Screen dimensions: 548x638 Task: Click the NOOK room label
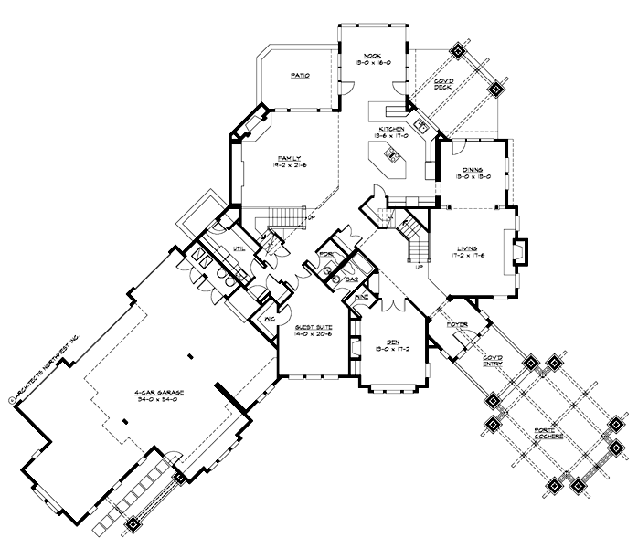tap(370, 56)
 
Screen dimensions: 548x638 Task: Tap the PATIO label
tap(298, 78)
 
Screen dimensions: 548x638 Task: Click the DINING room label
tap(473, 170)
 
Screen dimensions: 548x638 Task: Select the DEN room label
tap(392, 341)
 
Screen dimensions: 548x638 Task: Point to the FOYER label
tap(457, 325)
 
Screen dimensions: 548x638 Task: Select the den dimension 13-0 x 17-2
tap(392, 349)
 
